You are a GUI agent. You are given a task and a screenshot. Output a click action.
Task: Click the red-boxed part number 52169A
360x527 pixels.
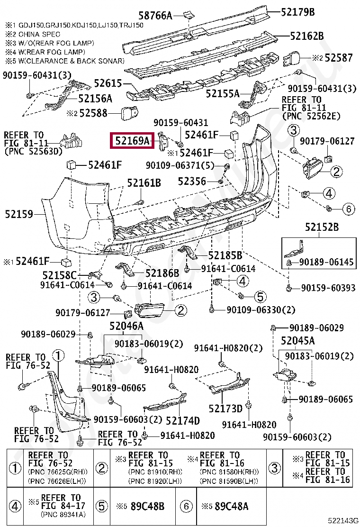[132, 140]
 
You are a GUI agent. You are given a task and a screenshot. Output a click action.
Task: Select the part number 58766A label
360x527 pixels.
[155, 15]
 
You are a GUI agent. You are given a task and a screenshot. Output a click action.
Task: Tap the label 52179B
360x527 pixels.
[298, 12]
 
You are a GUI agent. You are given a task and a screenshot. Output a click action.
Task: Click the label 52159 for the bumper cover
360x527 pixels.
[19, 214]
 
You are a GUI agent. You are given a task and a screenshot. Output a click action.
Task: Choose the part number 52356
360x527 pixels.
[192, 182]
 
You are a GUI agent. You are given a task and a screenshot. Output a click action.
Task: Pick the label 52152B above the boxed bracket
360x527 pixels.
[322, 227]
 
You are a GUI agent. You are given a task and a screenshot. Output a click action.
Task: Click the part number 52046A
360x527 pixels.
[126, 326]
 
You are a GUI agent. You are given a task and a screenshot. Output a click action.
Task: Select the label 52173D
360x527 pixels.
[225, 409]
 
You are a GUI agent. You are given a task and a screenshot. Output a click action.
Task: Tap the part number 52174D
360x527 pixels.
[183, 420]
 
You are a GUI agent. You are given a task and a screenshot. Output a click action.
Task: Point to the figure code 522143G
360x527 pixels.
[343, 521]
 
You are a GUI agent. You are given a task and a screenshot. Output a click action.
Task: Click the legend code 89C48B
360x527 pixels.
[147, 506]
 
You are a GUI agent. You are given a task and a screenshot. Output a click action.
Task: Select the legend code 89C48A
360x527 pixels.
[232, 506]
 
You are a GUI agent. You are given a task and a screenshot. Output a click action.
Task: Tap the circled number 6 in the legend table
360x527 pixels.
[186, 506]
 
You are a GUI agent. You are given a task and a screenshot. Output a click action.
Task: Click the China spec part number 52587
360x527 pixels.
[339, 58]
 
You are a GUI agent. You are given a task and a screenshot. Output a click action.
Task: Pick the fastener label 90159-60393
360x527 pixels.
[328, 288]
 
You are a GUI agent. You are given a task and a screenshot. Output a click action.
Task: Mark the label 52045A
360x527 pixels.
[297, 341]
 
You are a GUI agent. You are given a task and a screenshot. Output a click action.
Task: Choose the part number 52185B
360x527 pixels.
[225, 255]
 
